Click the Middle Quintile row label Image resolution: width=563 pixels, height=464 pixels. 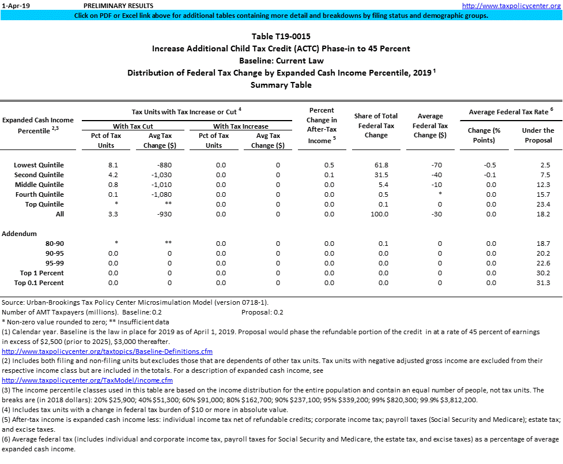[x=39, y=185]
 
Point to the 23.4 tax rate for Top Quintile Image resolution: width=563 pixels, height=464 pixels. [x=542, y=204]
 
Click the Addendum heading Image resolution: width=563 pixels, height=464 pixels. [x=20, y=234]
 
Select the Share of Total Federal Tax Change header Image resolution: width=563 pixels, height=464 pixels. [x=376, y=125]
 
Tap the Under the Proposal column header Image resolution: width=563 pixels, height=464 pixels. [x=538, y=135]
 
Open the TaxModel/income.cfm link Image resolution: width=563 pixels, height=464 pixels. [x=87, y=380]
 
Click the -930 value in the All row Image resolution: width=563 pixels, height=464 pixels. [x=163, y=214]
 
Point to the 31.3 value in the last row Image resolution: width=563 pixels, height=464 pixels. [x=542, y=283]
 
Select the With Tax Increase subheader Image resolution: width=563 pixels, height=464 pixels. [x=241, y=126]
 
